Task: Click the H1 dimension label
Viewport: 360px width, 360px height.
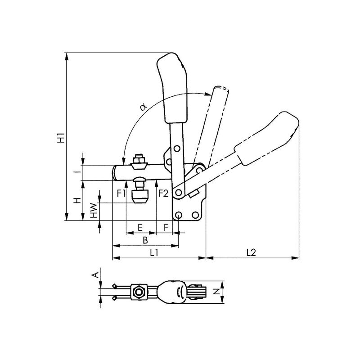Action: pos(61,137)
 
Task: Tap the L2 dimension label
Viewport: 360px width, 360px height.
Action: pos(251,252)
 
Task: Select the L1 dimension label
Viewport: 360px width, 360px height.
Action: pos(154,252)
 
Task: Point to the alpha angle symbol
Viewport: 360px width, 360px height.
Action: pos(144,107)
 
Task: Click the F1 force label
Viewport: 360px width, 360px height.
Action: pos(121,193)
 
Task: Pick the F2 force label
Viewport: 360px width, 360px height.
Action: pos(163,193)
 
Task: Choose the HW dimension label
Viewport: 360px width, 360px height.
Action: pos(94,210)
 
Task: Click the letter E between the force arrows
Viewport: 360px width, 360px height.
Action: pos(140,228)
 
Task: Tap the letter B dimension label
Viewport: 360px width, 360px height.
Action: pos(145,240)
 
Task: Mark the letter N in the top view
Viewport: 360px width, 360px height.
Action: pos(216,292)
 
